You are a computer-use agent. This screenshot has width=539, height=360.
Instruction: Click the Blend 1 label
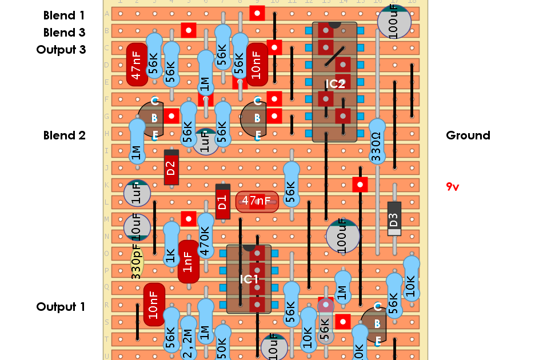pos(64,15)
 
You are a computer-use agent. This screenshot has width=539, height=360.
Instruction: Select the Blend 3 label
pos(64,33)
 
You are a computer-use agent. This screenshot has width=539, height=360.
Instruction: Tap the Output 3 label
pos(61,50)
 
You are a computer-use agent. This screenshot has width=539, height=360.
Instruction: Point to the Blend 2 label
pos(64,135)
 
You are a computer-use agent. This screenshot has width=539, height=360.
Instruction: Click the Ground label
pos(468,135)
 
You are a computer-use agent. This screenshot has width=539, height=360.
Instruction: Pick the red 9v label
pos(452,186)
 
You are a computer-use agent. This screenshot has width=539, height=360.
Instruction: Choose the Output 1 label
pos(61,307)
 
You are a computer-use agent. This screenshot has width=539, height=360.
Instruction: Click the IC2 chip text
pos(335,84)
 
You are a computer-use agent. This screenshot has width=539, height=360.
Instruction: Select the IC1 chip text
pos(249,279)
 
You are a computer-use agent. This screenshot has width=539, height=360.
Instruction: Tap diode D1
pos(223,202)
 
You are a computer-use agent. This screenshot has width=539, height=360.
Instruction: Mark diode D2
pos(171,167)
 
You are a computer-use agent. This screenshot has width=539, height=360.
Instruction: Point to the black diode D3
pos(394,219)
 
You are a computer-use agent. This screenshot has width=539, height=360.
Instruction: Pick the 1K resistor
pos(171,245)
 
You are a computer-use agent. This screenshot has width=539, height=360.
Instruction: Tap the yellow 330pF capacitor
pos(136,262)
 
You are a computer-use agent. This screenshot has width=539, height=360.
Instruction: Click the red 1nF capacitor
pos(188,262)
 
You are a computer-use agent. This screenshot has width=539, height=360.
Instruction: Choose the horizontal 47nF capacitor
pos(257,201)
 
